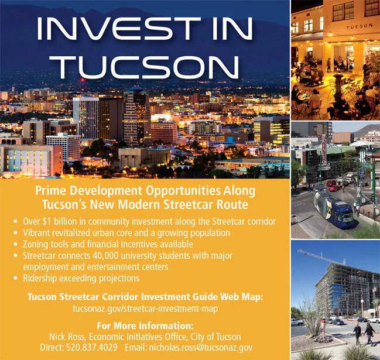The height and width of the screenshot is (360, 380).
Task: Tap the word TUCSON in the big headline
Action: point(146,66)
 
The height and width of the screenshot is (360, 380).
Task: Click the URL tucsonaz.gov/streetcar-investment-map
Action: point(145,308)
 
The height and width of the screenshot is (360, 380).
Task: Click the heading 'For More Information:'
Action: point(145,325)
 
